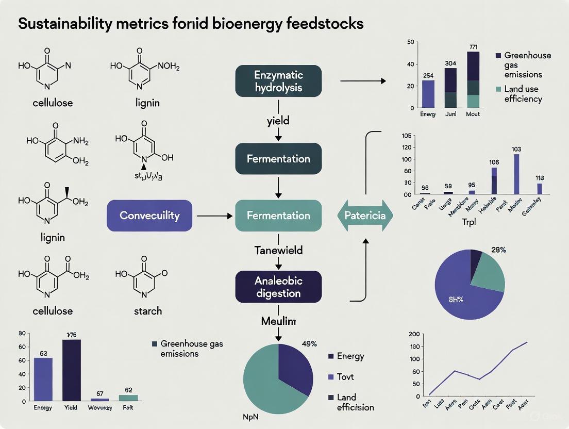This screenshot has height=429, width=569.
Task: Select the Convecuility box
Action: point(149,215)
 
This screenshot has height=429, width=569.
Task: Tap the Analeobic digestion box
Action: point(278,287)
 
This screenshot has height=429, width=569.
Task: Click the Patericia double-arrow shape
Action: point(365,216)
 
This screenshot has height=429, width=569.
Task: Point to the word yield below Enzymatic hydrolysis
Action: point(278,121)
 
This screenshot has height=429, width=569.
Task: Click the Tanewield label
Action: point(278,250)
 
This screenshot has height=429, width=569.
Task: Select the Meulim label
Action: point(278,321)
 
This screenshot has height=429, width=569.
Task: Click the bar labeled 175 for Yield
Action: point(71,370)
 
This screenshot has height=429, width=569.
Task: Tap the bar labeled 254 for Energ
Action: point(428,94)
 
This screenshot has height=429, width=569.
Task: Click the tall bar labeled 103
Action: point(516,174)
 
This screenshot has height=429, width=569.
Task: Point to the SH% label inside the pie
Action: point(456,300)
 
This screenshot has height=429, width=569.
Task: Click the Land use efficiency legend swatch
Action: point(498,89)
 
